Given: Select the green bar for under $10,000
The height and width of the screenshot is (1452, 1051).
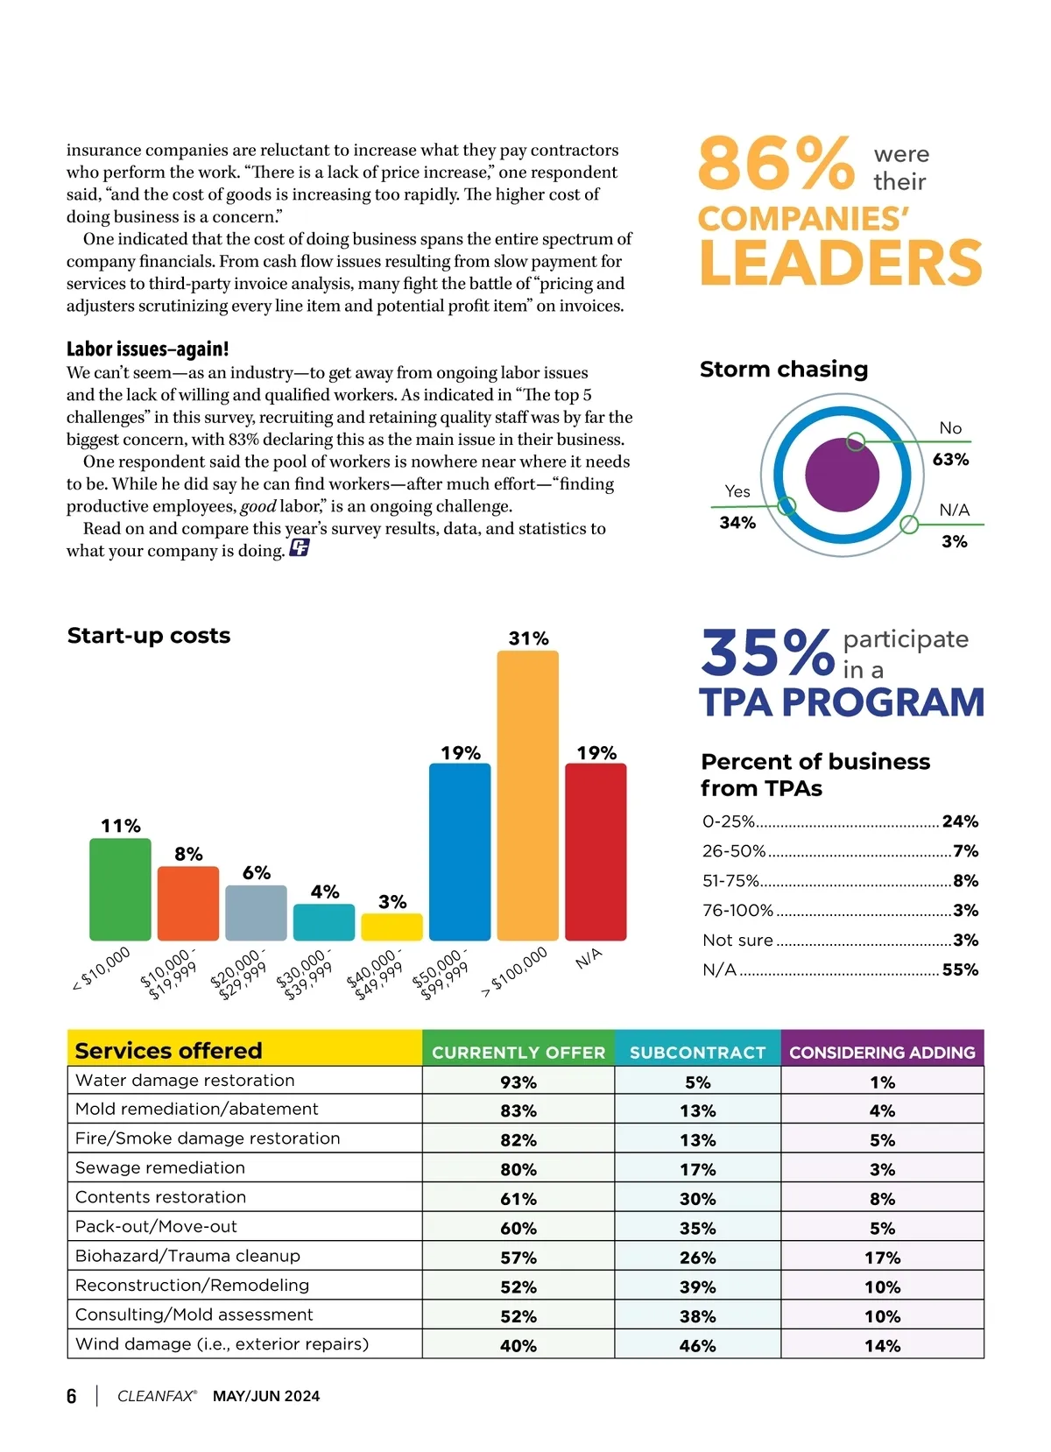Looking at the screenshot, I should [x=120, y=889].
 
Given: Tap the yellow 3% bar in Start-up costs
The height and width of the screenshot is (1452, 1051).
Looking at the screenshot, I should [x=391, y=927].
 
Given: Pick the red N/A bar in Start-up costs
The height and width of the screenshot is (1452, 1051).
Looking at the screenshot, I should [x=596, y=851].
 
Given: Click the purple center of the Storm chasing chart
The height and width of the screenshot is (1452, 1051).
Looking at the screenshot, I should [x=842, y=476].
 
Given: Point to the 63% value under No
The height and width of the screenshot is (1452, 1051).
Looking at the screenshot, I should [x=950, y=460].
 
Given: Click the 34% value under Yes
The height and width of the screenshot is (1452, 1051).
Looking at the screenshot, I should [x=737, y=523].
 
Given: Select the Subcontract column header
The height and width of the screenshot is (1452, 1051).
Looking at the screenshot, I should [x=697, y=1052].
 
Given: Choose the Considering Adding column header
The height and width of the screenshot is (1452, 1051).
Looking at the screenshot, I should [x=882, y=1052].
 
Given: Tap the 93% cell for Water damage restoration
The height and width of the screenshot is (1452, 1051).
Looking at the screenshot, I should [x=518, y=1082].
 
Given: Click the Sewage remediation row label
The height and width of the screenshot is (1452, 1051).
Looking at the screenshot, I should [x=160, y=1168].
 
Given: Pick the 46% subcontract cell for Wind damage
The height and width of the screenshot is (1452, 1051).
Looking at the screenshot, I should [x=697, y=1346].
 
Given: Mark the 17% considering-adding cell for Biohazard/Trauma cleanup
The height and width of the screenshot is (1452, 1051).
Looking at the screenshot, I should [x=882, y=1258].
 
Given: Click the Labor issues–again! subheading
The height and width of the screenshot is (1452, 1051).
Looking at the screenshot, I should [x=148, y=349].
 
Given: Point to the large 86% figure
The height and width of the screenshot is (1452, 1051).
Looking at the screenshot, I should [x=776, y=164].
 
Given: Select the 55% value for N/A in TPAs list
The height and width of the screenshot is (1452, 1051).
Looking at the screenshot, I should [x=960, y=969].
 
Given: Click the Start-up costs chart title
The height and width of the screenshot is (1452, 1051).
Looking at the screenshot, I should [x=149, y=636].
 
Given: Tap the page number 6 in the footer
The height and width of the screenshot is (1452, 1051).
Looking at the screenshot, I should [x=72, y=1396].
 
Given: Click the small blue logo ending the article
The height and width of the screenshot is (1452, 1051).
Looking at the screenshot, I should [x=299, y=549].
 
